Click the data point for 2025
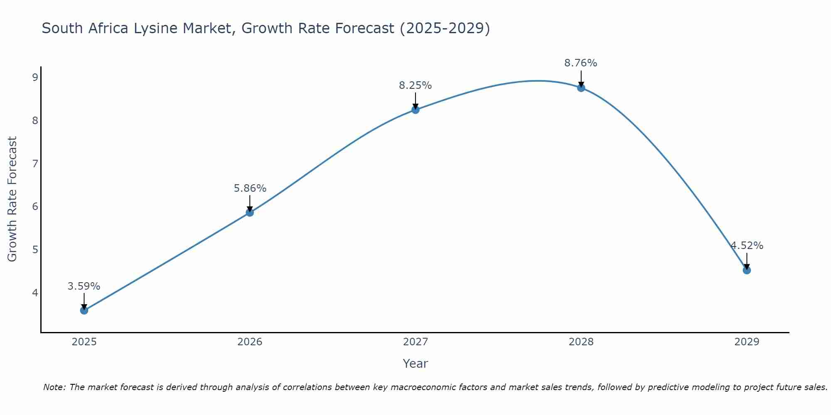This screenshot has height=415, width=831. pos(84,310)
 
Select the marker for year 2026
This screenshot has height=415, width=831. pos(250,212)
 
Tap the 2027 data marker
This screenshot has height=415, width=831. pos(415,110)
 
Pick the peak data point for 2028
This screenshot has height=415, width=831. pos(581,88)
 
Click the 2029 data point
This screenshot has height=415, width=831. pos(747,270)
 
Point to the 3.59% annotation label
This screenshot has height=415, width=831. pos(84,286)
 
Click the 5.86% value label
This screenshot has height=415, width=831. pos(250,188)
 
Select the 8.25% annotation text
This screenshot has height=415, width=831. pos(415,85)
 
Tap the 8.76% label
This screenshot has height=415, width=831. pos(581,63)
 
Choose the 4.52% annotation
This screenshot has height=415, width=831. pos(747,246)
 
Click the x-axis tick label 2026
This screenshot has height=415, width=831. pos(250,342)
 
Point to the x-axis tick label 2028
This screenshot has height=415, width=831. pos(581,342)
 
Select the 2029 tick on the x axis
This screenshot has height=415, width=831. pos(747,342)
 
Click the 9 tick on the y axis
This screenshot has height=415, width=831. pos(35,77)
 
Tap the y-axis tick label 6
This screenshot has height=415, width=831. pos(35,207)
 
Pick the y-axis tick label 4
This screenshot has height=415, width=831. pos(35,293)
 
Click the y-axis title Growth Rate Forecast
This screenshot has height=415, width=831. pos(12,199)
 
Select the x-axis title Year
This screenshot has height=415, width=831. pos(415,364)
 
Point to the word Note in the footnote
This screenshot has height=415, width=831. pos(54,387)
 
